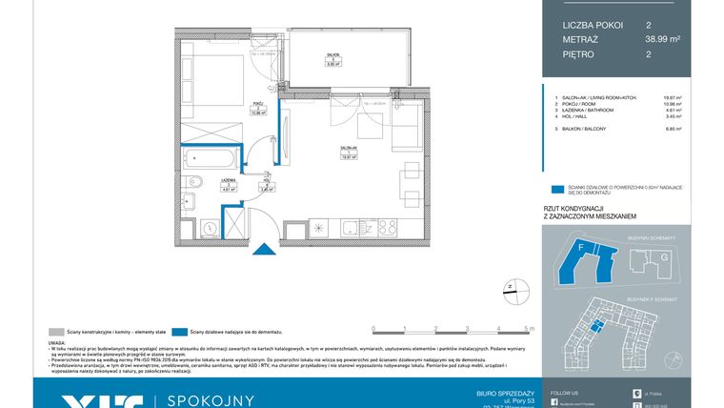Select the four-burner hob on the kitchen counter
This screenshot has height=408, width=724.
coord(387,228)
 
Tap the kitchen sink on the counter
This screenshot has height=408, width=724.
coord(354,228)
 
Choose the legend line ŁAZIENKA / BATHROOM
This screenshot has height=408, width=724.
coord(587,111)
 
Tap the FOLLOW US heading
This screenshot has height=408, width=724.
coord(564,392)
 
